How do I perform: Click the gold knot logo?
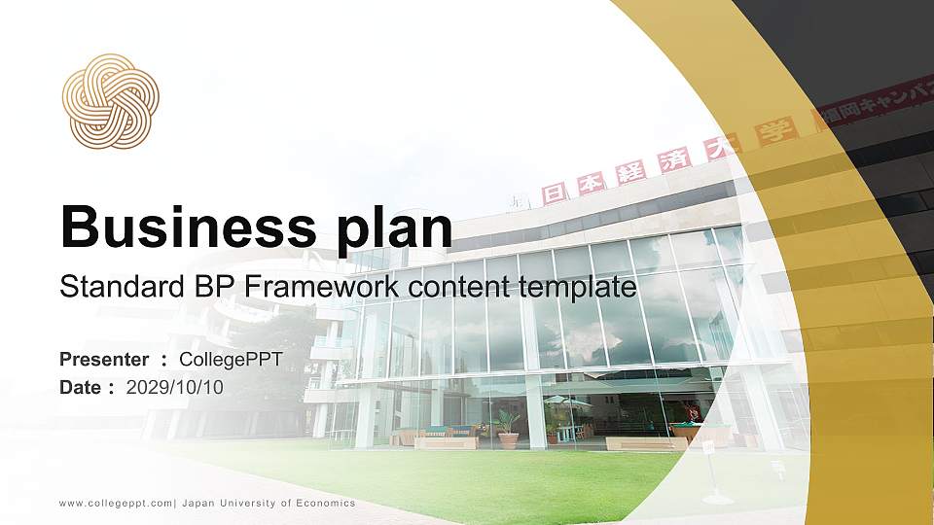(x=110, y=101)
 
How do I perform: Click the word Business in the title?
(x=188, y=227)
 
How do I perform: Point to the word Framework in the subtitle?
(x=322, y=287)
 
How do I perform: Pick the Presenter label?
(x=104, y=360)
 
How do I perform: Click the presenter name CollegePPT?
(x=232, y=360)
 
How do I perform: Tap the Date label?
(x=80, y=388)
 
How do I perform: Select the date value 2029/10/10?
(x=174, y=388)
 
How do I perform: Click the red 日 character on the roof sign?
(x=554, y=194)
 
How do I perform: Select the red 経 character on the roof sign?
(x=630, y=172)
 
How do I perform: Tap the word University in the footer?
(x=247, y=504)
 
